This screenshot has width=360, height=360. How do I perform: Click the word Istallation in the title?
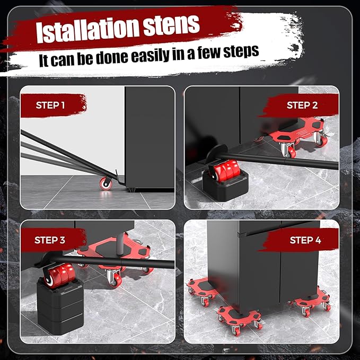87,30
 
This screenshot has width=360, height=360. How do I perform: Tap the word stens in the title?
171,25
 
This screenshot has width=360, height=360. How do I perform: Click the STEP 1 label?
50,105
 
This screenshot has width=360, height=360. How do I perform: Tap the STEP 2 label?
302,105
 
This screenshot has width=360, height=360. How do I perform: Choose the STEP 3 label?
50,240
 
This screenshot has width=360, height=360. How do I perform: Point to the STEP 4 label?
305,240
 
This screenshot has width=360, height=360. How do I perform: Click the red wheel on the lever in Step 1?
106,183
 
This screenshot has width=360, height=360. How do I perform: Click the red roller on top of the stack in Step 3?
60,275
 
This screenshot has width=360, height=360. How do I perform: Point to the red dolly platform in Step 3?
115,255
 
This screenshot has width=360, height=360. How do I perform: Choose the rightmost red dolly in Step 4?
310,301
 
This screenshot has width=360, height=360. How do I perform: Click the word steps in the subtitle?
241,51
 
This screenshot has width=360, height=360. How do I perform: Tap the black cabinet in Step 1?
150,138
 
